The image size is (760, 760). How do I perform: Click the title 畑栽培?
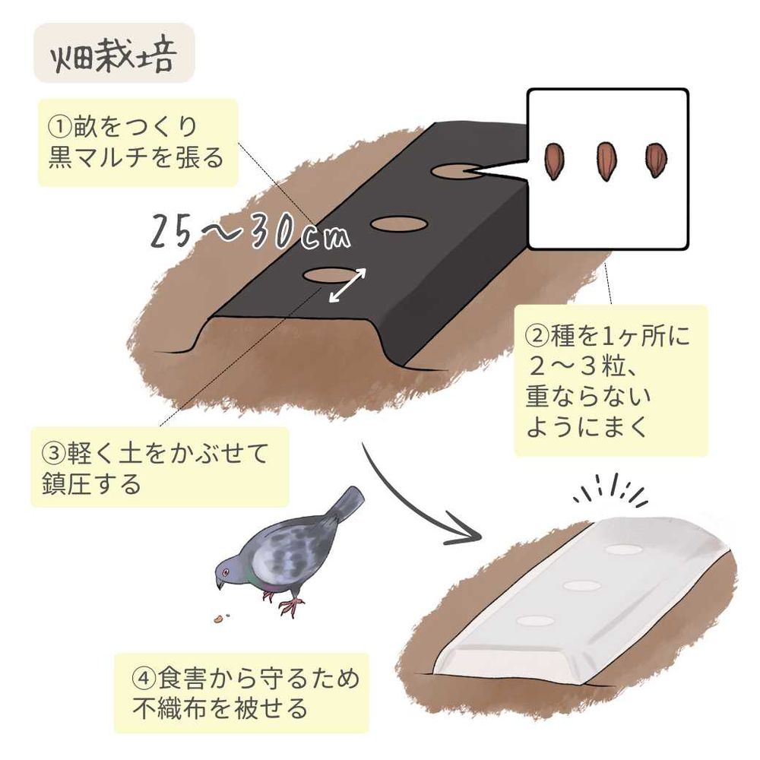[112, 56]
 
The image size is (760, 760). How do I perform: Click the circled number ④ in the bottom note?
[144, 678]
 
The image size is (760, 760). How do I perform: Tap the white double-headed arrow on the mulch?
[347, 286]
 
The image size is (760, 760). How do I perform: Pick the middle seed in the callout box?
[606, 161]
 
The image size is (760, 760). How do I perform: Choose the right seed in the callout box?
[656, 160]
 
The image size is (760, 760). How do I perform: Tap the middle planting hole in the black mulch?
[399, 223]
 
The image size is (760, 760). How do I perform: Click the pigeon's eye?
[226, 572]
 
